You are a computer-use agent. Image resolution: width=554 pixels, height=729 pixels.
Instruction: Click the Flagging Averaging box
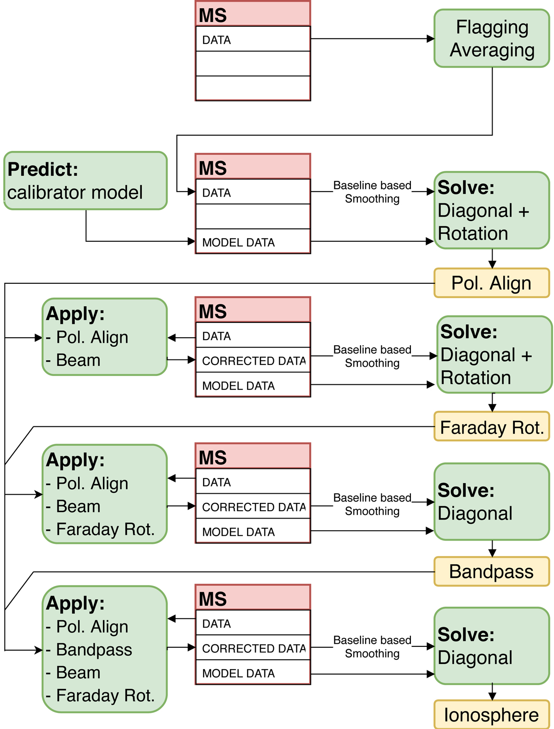(492, 38)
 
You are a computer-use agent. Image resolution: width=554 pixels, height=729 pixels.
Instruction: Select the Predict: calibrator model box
(85, 181)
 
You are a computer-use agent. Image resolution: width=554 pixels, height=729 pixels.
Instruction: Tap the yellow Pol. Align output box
(492, 283)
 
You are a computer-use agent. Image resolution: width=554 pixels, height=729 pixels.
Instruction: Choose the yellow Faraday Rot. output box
(492, 427)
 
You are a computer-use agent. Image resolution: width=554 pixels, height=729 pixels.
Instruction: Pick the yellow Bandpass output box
(492, 572)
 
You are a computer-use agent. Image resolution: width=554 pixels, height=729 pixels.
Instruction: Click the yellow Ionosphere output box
(492, 715)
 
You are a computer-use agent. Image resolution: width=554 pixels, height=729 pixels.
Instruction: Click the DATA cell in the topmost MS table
(253, 39)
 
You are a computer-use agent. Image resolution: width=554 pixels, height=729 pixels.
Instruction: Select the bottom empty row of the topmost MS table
(253, 88)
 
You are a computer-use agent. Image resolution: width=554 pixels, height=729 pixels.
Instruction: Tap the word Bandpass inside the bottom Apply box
(94, 650)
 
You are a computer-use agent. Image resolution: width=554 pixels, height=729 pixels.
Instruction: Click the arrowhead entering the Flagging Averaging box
(430, 39)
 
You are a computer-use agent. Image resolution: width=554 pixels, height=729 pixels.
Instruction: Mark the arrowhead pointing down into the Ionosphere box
(492, 696)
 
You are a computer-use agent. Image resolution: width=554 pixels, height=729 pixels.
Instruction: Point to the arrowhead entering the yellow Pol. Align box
(492, 264)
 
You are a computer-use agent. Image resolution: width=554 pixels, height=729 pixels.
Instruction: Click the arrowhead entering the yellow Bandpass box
(492, 553)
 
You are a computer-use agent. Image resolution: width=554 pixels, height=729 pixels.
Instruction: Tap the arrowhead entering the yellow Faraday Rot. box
(492, 408)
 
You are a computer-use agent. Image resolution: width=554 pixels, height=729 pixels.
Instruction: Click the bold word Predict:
(43, 169)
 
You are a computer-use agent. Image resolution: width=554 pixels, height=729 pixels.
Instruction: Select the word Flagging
(492, 27)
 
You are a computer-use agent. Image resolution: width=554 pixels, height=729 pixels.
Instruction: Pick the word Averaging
(492, 50)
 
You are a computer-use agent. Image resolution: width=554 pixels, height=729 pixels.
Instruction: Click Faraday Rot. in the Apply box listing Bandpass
(105, 695)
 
